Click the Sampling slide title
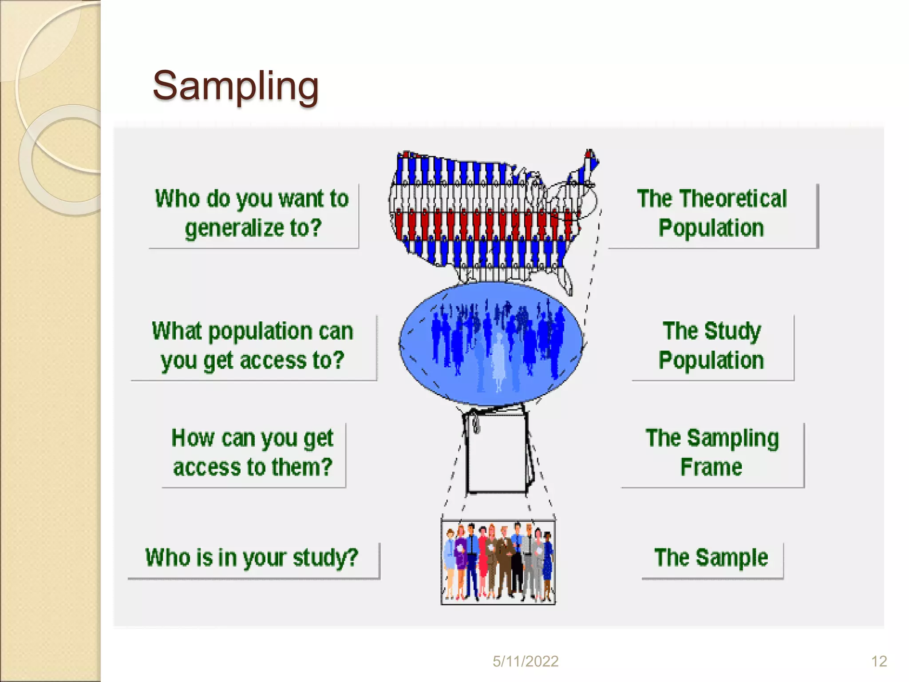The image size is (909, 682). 235,86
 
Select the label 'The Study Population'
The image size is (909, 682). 711,345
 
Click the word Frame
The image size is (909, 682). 711,467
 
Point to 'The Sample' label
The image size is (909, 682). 711,558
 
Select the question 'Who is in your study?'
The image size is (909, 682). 252,558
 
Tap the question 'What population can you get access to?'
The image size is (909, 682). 252,345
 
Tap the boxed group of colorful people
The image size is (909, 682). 498,562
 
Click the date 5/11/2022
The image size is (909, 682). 525,662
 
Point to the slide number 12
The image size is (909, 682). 879,662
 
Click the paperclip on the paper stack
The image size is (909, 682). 475,422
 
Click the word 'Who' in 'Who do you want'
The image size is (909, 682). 177,198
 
